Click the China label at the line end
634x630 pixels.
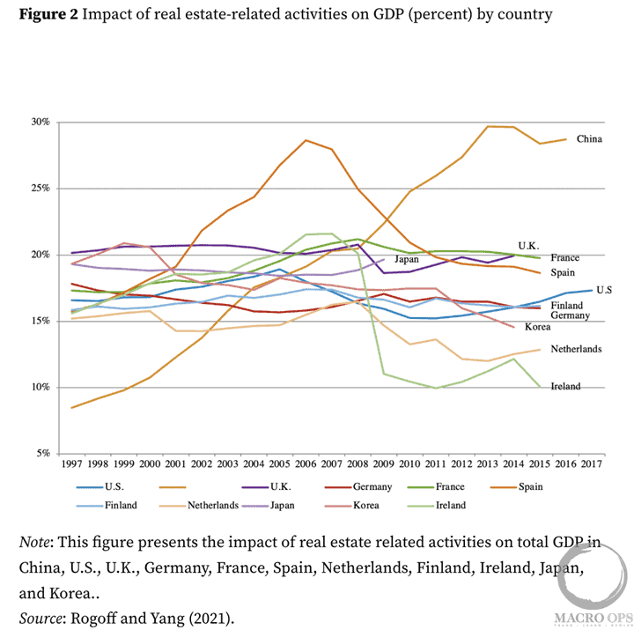tap(589, 139)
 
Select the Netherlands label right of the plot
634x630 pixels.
tap(577, 349)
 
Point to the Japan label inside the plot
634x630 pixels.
tap(406, 259)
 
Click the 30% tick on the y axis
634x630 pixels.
tap(41, 122)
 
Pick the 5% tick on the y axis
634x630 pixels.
tap(43, 453)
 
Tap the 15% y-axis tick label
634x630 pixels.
tap(41, 321)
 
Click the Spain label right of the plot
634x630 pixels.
tap(564, 273)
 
